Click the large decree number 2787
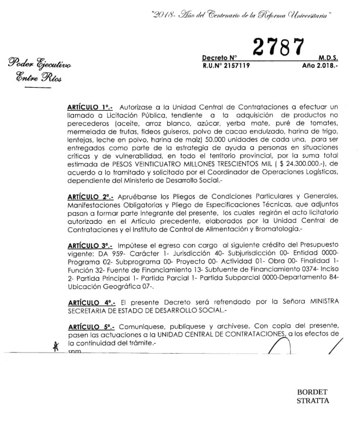pyautogui.click(x=278, y=48)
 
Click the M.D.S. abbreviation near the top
pyautogui.click(x=328, y=57)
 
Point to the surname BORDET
pyautogui.click(x=312, y=392)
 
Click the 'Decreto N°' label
pyautogui.click(x=219, y=57)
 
